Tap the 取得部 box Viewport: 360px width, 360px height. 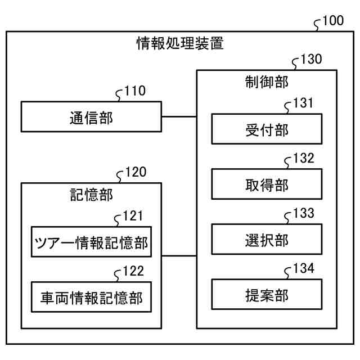[x=267, y=184]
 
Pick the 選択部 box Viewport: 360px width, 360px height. [x=267, y=239]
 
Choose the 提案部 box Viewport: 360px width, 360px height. [x=267, y=294]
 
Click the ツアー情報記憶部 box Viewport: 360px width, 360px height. [x=91, y=242]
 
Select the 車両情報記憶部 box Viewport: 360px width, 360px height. [x=91, y=297]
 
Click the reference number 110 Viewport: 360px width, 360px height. [x=134, y=91]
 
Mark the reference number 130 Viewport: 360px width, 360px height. [x=311, y=60]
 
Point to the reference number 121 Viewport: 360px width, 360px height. [x=133, y=217]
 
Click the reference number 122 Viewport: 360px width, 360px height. [x=133, y=271]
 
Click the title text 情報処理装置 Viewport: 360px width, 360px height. [x=180, y=43]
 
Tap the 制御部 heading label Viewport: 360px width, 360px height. [x=267, y=82]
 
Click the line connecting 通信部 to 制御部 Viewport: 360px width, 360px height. [x=179, y=116]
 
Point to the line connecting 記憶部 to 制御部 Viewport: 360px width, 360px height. [x=179, y=256]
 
